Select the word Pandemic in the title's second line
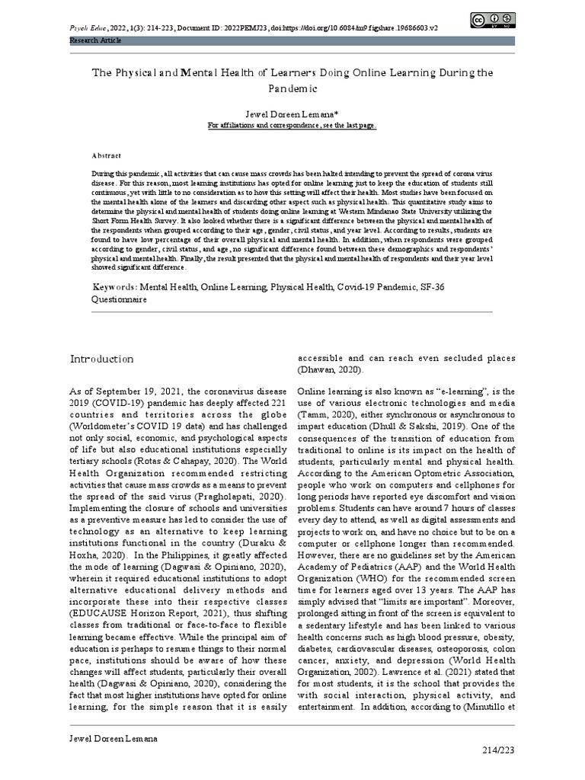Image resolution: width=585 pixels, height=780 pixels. point(292,88)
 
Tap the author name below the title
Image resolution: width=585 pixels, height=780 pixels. point(292,113)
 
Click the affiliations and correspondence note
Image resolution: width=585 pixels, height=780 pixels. point(292,125)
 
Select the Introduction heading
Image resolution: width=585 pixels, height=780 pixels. point(102,359)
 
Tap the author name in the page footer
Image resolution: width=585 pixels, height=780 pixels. point(115,738)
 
